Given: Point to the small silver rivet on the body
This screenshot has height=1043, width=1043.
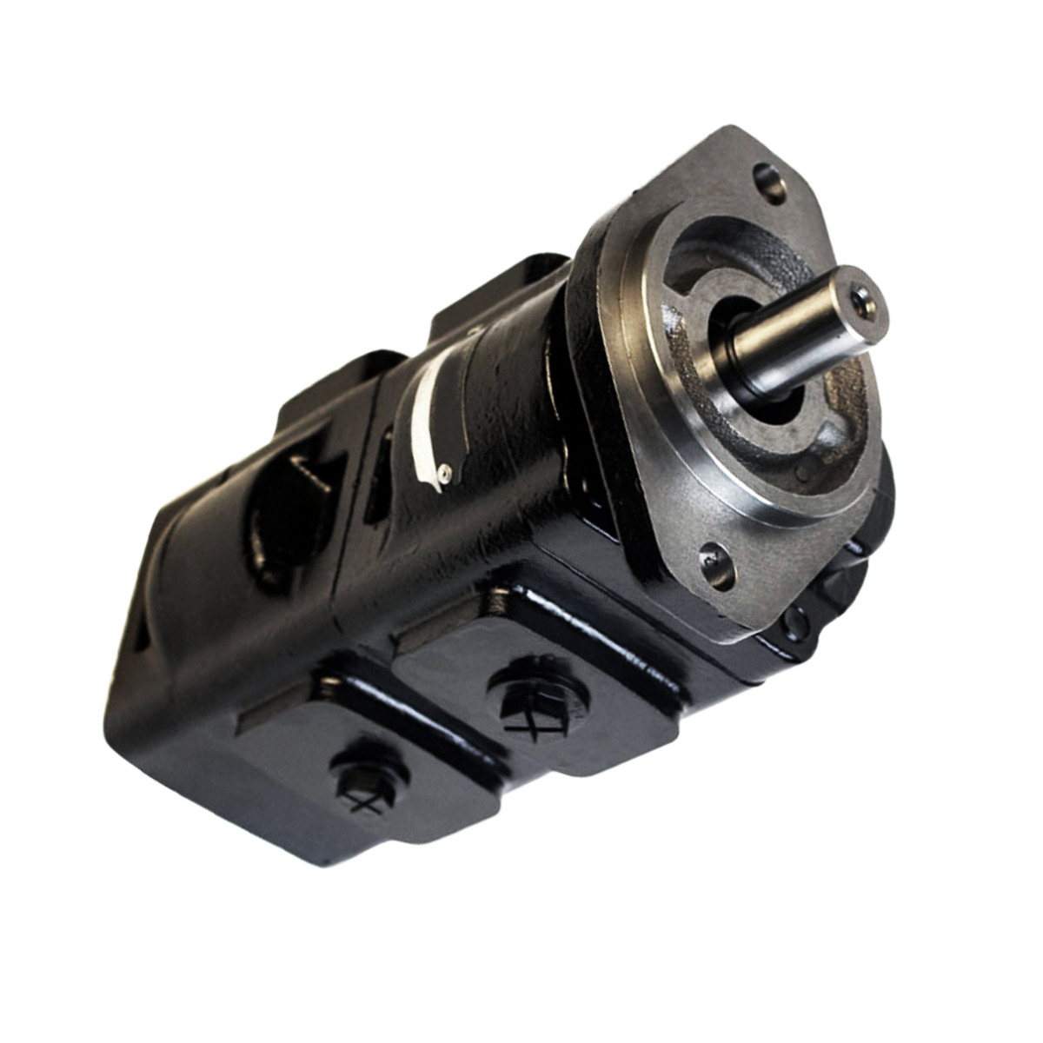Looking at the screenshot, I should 444,470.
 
